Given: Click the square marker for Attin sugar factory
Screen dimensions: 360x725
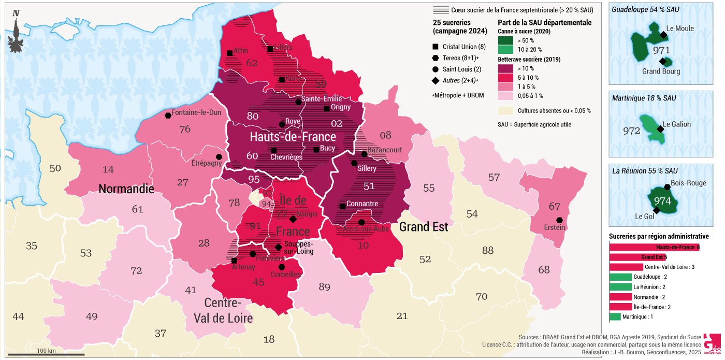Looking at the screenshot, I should [x=229, y=53].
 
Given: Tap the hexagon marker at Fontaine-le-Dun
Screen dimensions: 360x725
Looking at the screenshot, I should [x=168, y=116].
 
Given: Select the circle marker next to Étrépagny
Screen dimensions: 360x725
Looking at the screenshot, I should [x=219, y=157].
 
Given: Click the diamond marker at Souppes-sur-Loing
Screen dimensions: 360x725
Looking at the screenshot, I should [x=279, y=247].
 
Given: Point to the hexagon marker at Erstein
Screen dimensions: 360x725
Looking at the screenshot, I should [x=559, y=220].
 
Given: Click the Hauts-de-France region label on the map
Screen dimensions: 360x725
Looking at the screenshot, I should [x=293, y=137].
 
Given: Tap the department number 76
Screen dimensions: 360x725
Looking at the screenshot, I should [x=185, y=129].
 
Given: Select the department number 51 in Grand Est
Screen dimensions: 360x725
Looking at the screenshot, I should [x=369, y=186].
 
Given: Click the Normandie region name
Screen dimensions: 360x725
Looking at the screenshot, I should [x=126, y=189].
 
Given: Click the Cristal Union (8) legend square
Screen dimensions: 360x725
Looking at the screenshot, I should [x=436, y=47].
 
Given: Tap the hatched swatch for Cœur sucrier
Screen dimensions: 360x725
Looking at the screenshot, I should [x=440, y=10].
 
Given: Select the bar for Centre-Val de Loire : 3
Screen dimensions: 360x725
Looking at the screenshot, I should [x=626, y=267].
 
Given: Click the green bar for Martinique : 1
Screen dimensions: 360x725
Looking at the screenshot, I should [x=615, y=316].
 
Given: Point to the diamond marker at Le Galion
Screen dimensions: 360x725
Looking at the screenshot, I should [x=660, y=129].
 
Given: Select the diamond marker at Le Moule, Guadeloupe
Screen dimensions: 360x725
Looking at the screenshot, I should [x=663, y=35].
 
